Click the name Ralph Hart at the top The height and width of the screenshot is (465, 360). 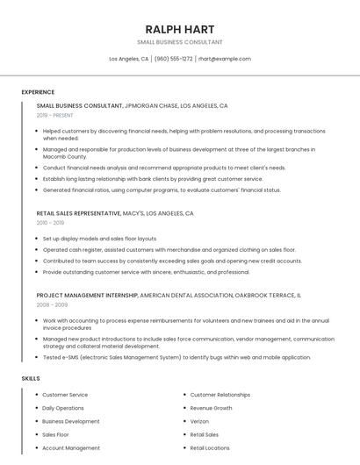(179, 29)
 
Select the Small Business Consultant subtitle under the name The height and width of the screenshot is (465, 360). (179, 42)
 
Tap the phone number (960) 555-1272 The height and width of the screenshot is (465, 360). (173, 59)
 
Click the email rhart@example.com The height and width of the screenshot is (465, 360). (224, 59)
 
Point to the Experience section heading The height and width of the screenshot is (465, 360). (38, 92)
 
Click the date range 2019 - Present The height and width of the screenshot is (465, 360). (54, 115)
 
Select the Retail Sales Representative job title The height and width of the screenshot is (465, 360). (78, 213)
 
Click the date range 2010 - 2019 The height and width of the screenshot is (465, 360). (50, 223)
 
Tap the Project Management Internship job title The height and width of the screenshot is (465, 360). (87, 296)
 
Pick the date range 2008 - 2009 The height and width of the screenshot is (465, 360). (52, 305)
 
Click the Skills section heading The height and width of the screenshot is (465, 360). (31, 378)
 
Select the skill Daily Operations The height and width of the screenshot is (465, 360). (63, 408)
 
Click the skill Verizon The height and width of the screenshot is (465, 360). (201, 421)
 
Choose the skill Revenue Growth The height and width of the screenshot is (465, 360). (211, 408)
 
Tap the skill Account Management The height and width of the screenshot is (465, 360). (70, 447)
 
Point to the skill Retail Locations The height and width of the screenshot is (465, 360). (210, 447)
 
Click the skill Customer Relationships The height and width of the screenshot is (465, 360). (220, 395)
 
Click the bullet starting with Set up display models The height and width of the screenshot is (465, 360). (99, 239)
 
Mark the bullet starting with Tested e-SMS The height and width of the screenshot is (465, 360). (176, 357)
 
